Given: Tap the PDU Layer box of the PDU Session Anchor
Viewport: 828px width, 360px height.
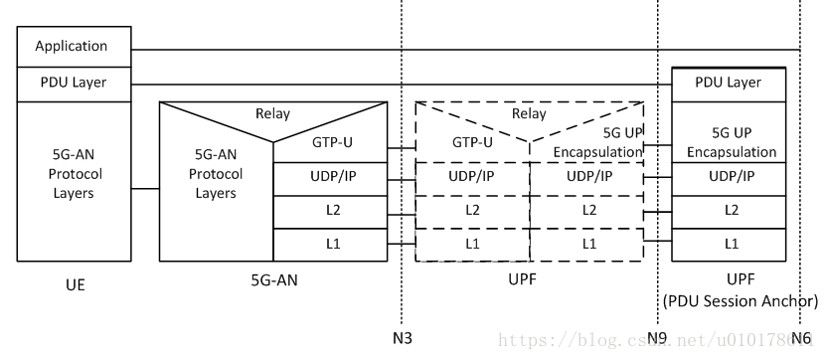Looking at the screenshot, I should click(x=731, y=84).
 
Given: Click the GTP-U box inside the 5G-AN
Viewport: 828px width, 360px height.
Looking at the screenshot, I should click(x=330, y=142).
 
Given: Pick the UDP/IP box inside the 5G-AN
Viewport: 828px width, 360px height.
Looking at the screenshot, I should click(x=330, y=178).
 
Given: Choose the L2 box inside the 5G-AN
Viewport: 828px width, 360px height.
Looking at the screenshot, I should click(x=330, y=211).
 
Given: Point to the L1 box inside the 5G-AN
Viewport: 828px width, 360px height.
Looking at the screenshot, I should click(x=330, y=244).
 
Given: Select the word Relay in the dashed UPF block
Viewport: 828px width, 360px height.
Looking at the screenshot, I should click(x=529, y=114).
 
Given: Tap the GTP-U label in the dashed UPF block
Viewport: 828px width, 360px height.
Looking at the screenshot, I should click(x=473, y=142).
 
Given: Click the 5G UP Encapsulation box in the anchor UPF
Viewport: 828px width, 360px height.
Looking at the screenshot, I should click(x=731, y=143).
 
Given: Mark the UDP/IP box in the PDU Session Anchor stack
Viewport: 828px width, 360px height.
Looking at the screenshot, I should click(x=731, y=178).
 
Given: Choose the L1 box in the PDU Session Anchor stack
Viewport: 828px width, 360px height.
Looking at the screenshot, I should click(x=731, y=244).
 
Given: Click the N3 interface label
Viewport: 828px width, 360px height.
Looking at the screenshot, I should click(x=403, y=337).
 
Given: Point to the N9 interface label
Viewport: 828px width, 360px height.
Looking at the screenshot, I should click(x=657, y=337).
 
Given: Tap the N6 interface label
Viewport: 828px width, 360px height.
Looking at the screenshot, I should click(x=801, y=337).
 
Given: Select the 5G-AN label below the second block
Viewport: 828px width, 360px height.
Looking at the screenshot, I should click(x=273, y=281).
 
